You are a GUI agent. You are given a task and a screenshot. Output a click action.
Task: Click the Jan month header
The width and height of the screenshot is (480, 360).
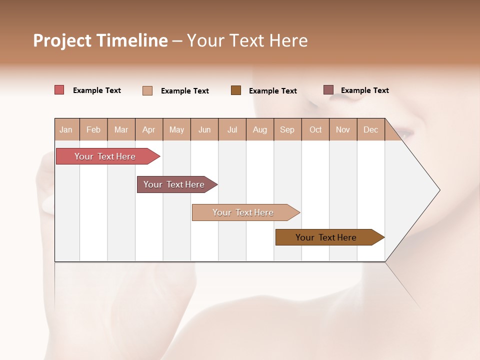(66, 129)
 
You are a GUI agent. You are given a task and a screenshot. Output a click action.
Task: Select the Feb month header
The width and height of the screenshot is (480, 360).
(93, 129)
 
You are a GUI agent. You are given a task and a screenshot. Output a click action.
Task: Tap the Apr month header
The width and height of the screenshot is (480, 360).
(149, 129)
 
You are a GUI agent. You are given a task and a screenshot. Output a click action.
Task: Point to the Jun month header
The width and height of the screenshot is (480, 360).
(204, 129)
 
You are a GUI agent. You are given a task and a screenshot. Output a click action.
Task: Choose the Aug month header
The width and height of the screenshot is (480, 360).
(260, 129)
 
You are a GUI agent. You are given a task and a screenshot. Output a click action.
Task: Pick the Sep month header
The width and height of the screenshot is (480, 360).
(287, 129)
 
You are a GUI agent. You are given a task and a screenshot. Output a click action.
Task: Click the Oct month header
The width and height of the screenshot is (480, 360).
(315, 129)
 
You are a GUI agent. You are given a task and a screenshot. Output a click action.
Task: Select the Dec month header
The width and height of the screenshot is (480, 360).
(371, 129)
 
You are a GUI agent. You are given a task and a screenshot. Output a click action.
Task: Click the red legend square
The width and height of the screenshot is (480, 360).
(59, 90)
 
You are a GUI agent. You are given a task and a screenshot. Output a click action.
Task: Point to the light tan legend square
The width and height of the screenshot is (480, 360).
(147, 90)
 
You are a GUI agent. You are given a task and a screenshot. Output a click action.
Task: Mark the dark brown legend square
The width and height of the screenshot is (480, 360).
(236, 90)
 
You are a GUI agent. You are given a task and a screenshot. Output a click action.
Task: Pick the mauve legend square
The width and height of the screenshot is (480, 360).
(328, 90)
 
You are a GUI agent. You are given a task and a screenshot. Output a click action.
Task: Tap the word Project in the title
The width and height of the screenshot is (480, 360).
(62, 40)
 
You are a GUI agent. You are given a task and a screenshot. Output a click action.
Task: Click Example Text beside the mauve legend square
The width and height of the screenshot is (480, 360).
(364, 90)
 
